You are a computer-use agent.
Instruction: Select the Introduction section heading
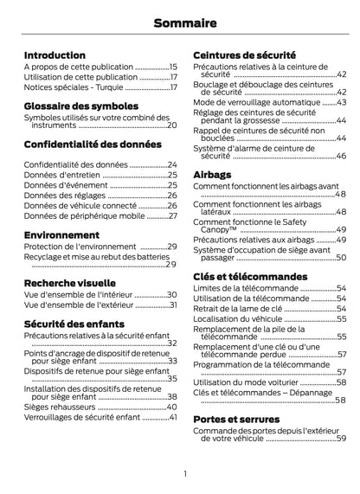[55, 55]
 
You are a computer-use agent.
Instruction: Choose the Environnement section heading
[61, 234]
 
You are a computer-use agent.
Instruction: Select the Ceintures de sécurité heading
[245, 55]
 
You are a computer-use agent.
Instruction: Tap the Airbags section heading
[213, 174]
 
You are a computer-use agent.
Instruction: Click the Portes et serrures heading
[236, 419]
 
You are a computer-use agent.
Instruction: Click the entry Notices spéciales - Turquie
[74, 87]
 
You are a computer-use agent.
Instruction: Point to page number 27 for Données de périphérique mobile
[173, 215]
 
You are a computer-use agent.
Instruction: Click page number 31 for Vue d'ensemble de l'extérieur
[173, 305]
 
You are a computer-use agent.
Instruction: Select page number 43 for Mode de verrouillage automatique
[341, 102]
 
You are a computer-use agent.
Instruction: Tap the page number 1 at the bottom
[185, 473]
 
